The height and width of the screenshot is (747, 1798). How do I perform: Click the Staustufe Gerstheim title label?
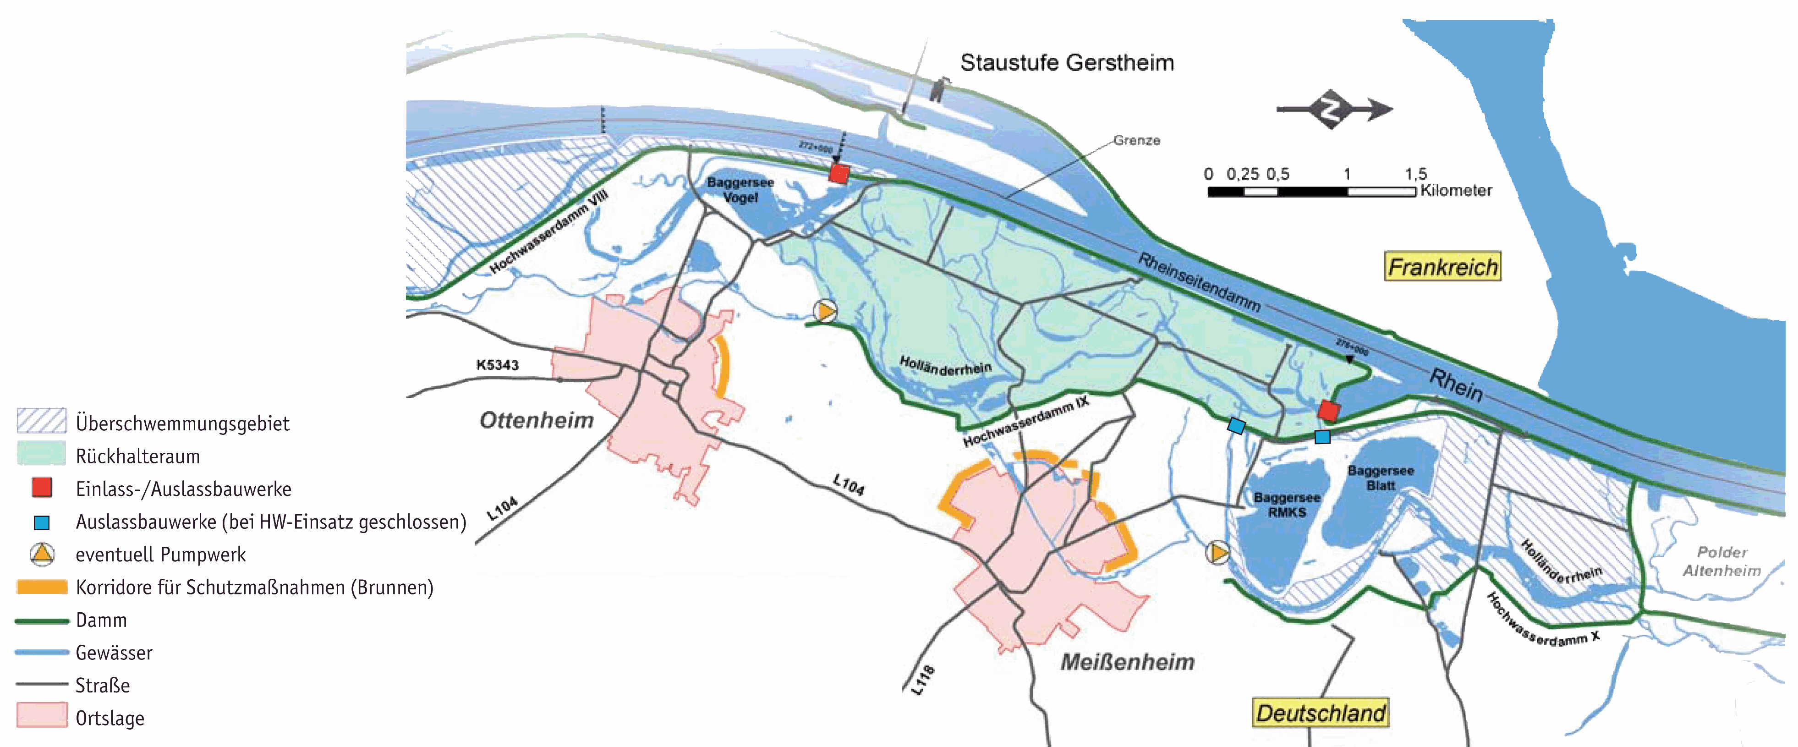click(x=1067, y=63)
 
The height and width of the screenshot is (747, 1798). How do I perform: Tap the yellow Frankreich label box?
click(x=1442, y=267)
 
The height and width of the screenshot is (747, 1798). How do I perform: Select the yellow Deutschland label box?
click(x=1321, y=713)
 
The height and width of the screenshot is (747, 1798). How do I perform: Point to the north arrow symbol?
click(x=1333, y=110)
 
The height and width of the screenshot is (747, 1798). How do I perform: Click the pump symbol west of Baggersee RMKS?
click(x=1217, y=553)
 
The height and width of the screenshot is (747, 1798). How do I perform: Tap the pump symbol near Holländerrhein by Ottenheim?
click(x=825, y=311)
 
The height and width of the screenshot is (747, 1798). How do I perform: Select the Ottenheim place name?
click(x=536, y=420)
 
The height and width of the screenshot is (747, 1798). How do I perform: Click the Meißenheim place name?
click(x=1127, y=661)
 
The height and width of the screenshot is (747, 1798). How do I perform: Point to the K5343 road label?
click(x=497, y=364)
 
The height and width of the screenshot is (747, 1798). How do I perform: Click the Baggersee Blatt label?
click(x=1380, y=478)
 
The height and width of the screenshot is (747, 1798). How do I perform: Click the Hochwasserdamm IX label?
click(x=1025, y=421)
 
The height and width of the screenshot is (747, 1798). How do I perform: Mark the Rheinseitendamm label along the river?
click(x=1199, y=282)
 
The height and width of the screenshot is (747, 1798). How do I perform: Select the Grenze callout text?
click(x=1136, y=140)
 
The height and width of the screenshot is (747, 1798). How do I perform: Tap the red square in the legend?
click(x=42, y=487)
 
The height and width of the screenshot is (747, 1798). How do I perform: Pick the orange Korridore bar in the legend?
click(x=42, y=587)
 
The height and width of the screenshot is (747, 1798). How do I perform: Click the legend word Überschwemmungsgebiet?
click(x=182, y=423)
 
